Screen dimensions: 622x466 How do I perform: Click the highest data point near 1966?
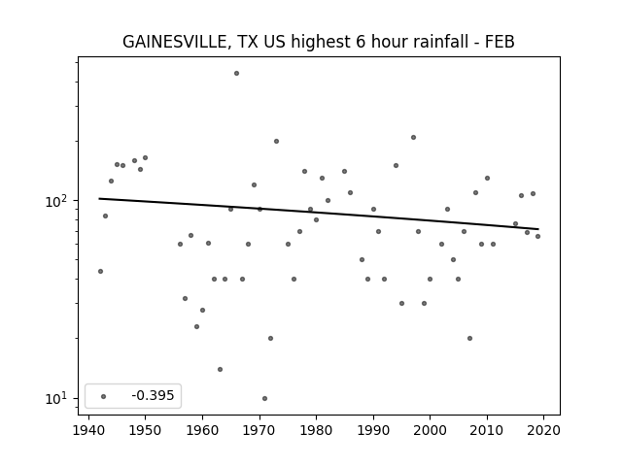click(x=236, y=74)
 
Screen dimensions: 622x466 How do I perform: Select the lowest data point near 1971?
click(x=264, y=399)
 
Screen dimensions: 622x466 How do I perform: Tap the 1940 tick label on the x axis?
click(x=88, y=430)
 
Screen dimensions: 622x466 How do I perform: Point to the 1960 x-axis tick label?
click(x=202, y=430)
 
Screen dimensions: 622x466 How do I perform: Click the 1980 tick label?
click(x=316, y=430)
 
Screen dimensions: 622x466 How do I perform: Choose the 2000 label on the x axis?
click(x=430, y=430)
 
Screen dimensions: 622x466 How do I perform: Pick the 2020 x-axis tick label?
click(x=543, y=430)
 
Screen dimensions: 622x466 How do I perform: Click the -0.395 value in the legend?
click(x=153, y=395)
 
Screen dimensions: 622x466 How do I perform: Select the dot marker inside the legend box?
click(x=104, y=396)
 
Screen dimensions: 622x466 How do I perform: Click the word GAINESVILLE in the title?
click(x=174, y=42)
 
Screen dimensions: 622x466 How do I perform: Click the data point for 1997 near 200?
click(x=413, y=138)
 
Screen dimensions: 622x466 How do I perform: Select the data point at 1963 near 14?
click(x=220, y=369)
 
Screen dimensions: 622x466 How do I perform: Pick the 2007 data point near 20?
click(x=469, y=339)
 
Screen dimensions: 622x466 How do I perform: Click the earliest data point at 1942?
click(x=100, y=272)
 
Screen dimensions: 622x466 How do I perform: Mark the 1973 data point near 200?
click(x=276, y=142)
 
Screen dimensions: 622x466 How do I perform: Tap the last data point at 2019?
click(x=537, y=237)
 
